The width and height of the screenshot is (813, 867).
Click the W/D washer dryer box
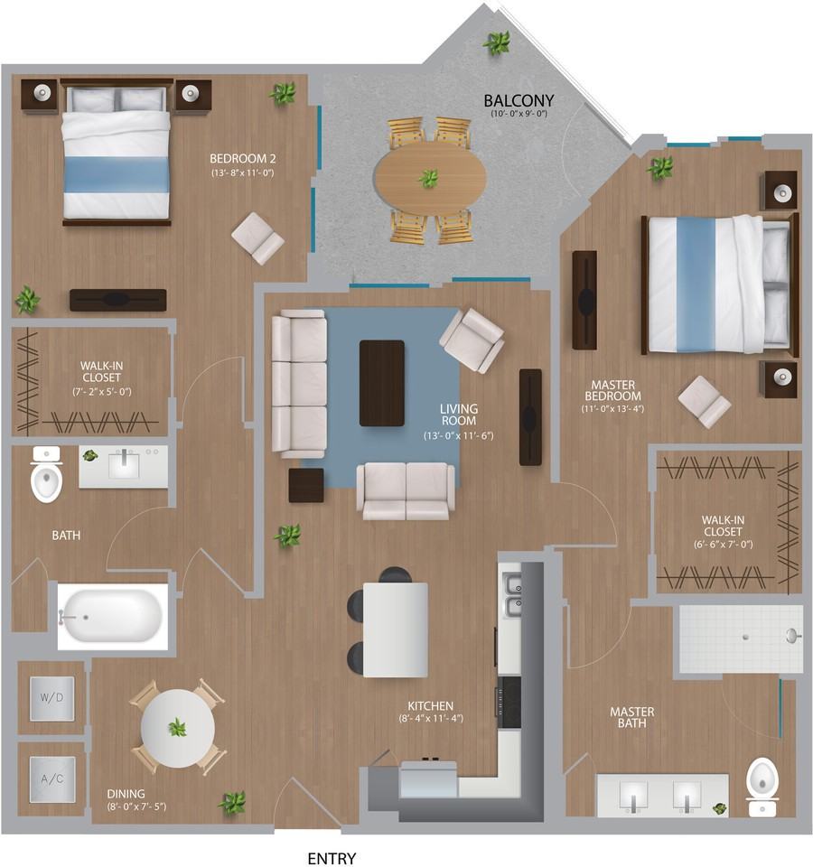(51, 698)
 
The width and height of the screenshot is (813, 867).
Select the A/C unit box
(52, 779)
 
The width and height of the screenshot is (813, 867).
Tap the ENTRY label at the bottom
(332, 858)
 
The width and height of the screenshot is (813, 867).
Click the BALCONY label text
(519, 100)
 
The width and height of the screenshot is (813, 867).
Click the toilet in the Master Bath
(762, 788)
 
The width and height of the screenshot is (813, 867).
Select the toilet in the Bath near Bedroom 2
(46, 474)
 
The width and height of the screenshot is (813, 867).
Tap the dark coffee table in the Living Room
(381, 383)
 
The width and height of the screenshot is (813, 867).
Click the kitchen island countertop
(396, 629)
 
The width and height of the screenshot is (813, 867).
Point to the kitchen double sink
(511, 595)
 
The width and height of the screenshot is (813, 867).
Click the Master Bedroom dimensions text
(612, 409)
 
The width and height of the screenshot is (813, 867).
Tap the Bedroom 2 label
(242, 159)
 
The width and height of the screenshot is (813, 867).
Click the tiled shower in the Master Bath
(741, 639)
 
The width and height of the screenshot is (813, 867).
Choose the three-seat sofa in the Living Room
(299, 383)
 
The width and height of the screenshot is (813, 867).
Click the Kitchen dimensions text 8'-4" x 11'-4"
(431, 718)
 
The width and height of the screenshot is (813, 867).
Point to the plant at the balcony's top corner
(497, 43)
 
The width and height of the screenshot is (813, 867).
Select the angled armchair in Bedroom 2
(257, 238)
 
